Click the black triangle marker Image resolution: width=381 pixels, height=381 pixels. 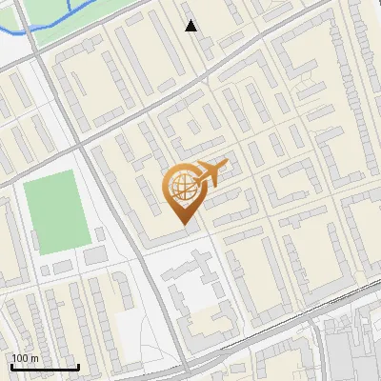191,26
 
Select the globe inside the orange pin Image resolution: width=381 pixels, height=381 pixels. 181,189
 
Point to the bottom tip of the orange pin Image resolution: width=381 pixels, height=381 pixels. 183,225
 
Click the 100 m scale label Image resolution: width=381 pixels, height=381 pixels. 26,357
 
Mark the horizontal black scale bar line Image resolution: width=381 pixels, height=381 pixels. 44,368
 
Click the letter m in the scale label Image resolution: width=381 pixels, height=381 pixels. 36,357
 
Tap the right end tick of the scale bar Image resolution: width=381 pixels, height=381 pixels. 78,365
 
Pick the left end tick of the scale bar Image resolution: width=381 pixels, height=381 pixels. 10,365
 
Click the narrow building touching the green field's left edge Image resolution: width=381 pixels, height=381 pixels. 18,218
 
